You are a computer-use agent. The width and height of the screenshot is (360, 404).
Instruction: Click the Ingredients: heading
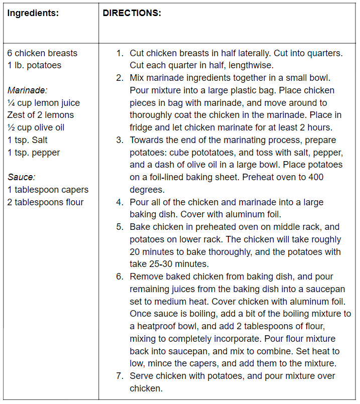point(33,13)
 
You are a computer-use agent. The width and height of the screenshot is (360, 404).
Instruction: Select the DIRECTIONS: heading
point(132,13)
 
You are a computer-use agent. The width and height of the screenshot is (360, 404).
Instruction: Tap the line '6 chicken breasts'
point(42,53)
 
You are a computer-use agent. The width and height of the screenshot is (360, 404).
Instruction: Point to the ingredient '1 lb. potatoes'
point(35,65)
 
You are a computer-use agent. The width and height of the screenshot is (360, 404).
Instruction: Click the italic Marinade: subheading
point(27,90)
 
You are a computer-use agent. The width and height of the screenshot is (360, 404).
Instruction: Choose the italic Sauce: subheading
point(21,177)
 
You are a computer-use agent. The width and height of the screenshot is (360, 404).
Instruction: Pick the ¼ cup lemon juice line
point(43,103)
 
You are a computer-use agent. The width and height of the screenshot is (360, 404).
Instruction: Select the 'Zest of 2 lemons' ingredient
point(40,115)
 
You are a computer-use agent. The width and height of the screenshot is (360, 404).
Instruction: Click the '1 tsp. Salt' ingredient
point(28,140)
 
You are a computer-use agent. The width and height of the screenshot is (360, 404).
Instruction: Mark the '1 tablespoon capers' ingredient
point(48,190)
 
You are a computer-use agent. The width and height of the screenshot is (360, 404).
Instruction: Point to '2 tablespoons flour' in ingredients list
point(45,202)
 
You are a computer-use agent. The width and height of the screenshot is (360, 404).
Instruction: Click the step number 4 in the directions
point(119,202)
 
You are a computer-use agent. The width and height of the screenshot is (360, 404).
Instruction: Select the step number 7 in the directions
point(119,376)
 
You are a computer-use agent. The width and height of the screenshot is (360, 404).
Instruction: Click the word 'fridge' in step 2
point(142,127)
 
